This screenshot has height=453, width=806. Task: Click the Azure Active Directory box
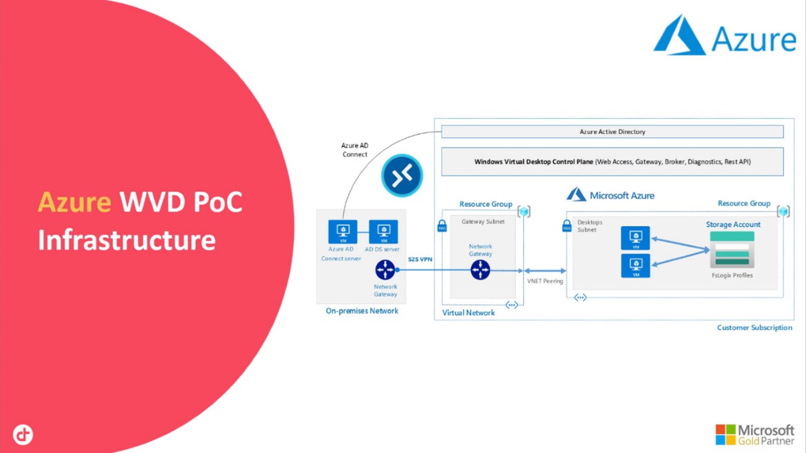pyautogui.click(x=612, y=132)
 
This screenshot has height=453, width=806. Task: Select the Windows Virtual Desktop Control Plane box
pyautogui.click(x=612, y=162)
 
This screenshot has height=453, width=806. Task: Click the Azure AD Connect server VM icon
pyautogui.click(x=343, y=232)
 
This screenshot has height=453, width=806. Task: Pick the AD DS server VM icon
pyautogui.click(x=383, y=232)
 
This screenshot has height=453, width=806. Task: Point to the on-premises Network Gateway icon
pyautogui.click(x=385, y=270)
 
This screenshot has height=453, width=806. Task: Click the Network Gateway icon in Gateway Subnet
pyautogui.click(x=480, y=270)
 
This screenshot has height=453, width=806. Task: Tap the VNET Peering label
pyautogui.click(x=545, y=281)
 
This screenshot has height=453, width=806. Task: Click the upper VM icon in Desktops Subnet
pyautogui.click(x=635, y=238)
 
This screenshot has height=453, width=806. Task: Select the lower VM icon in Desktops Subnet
pyautogui.click(x=635, y=266)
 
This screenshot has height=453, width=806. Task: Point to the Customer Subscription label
pyautogui.click(x=754, y=328)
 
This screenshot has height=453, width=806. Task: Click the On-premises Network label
pyautogui.click(x=362, y=311)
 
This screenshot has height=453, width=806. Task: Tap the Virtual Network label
pyautogui.click(x=468, y=313)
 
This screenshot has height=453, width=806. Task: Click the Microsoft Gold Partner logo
pyautogui.click(x=754, y=434)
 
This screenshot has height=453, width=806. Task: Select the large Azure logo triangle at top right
pyautogui.click(x=679, y=36)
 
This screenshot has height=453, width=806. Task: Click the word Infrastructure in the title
pyautogui.click(x=127, y=240)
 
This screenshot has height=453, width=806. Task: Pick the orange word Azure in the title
pyautogui.click(x=74, y=202)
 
